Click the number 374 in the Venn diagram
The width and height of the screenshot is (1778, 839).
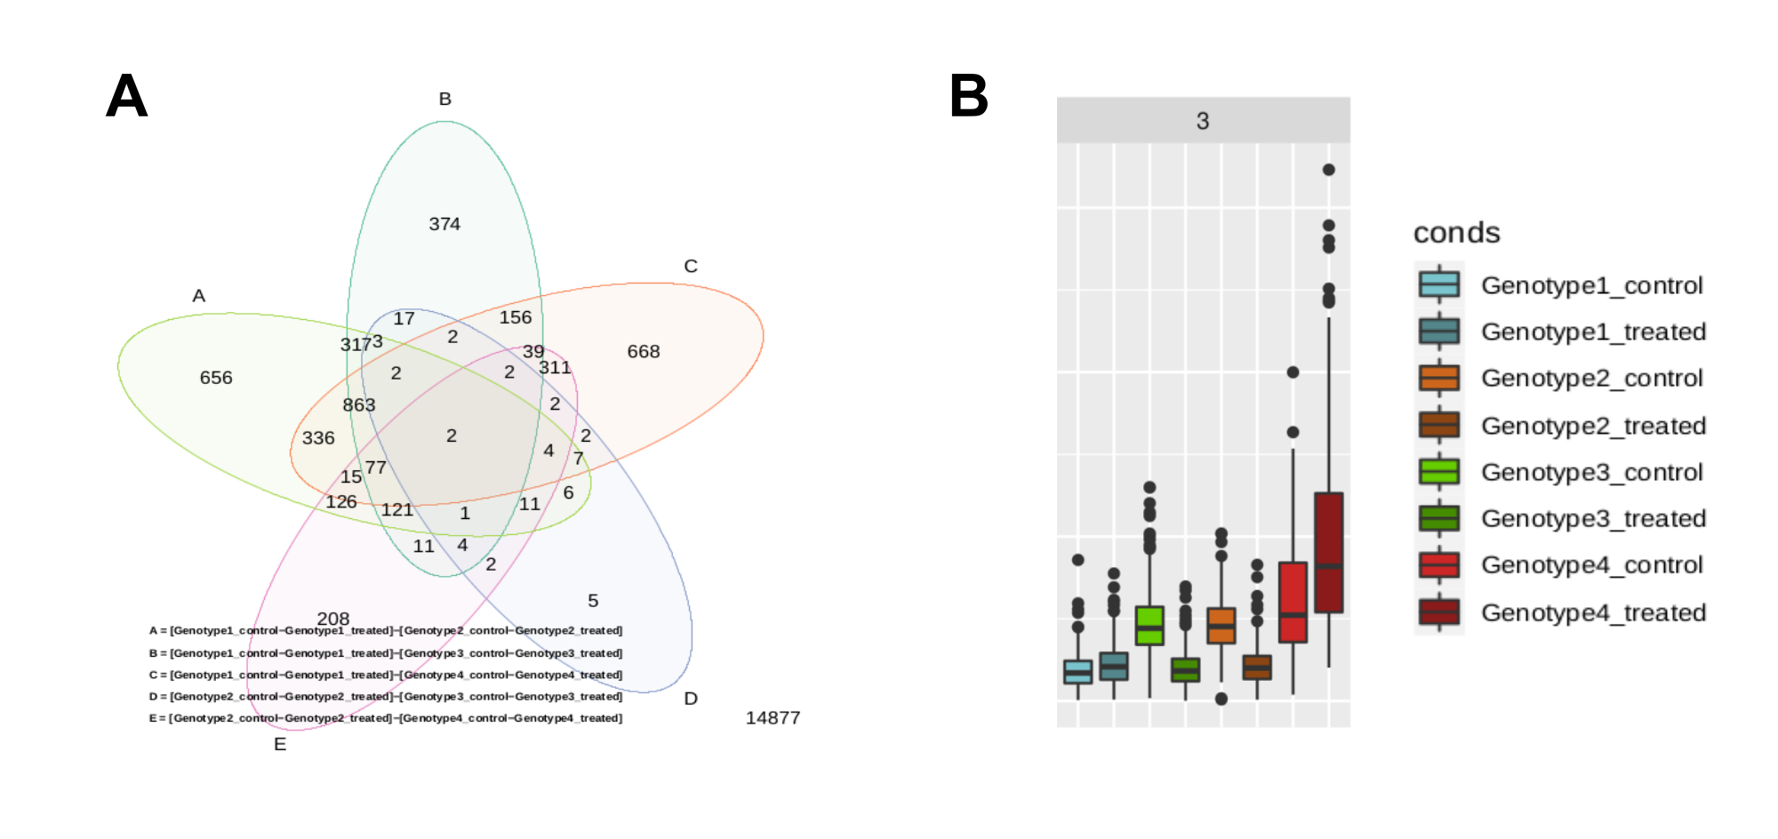pos(444,224)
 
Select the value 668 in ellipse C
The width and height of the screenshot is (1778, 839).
pos(643,351)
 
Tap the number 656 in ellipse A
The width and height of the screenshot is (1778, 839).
pos(216,378)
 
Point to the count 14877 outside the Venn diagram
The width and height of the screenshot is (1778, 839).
pos(773,717)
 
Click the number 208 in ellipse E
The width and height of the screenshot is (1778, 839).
pos(333,618)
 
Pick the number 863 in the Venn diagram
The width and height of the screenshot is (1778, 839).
pos(359,404)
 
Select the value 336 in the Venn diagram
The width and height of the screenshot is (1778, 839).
pos(318,437)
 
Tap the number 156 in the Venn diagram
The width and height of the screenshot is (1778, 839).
pos(516,317)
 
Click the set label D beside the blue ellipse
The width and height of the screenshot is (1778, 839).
pos(691,699)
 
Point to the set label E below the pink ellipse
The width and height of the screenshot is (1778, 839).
pos(280,744)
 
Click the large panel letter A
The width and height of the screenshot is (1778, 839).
pos(126,96)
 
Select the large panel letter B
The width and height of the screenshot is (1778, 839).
pos(968,96)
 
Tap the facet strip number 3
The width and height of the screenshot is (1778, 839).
pos(1203,121)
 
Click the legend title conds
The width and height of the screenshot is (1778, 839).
pos(1456,233)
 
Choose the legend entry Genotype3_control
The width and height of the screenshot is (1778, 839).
pos(1591,472)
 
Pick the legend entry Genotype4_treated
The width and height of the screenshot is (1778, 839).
pos(1593,612)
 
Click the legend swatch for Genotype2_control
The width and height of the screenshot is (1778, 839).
pos(1439,378)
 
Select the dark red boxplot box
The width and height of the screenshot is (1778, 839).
pos(1328,552)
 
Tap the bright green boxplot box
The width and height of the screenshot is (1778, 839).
pos(1149,626)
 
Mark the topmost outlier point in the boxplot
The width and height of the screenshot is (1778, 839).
pos(1328,170)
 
